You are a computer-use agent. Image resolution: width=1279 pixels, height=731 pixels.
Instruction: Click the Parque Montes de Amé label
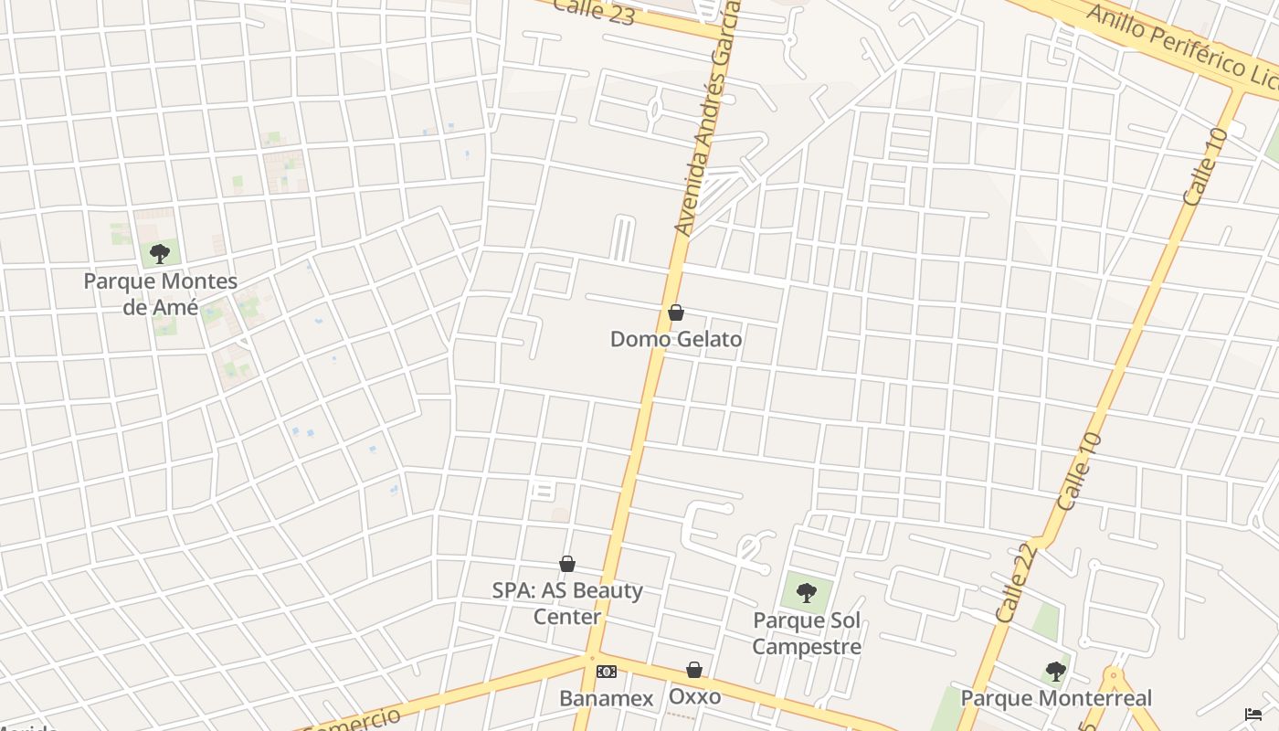pyautogui.click(x=160, y=294)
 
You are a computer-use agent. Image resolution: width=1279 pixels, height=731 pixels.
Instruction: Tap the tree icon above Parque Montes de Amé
pyautogui.click(x=160, y=253)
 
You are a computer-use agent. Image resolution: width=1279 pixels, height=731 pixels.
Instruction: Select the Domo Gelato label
pyautogui.click(x=676, y=339)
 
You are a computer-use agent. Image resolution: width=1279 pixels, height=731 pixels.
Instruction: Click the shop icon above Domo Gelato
pyautogui.click(x=676, y=313)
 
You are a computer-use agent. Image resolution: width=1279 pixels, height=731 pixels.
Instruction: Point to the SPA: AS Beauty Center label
pyautogui.click(x=567, y=603)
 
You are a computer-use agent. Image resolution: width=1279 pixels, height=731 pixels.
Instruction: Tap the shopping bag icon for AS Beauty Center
pyautogui.click(x=567, y=564)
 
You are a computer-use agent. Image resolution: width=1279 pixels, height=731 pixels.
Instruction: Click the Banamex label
pyautogui.click(x=607, y=699)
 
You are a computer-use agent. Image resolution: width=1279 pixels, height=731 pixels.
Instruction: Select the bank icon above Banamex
pyautogui.click(x=607, y=672)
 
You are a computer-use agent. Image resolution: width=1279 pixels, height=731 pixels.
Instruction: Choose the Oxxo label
pyautogui.click(x=694, y=696)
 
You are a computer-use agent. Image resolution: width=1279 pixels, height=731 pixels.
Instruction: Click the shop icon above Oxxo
pyautogui.click(x=694, y=670)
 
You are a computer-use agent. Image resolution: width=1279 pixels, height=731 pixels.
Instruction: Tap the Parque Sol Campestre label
pyautogui.click(x=807, y=634)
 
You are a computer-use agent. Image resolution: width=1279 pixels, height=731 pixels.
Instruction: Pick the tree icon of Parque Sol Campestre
pyautogui.click(x=806, y=593)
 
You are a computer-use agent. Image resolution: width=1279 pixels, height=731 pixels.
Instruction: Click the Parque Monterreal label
pyautogui.click(x=1055, y=699)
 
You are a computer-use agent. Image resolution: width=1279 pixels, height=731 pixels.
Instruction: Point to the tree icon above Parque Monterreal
pyautogui.click(x=1055, y=672)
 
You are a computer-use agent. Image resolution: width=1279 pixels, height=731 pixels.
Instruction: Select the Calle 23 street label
pyautogui.click(x=594, y=11)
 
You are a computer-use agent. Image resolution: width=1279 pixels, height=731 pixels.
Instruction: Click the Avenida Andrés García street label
pyautogui.click(x=705, y=119)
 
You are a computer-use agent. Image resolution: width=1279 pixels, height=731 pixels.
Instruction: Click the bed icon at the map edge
pyautogui.click(x=1253, y=714)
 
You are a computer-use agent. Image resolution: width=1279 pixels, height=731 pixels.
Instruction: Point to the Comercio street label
pyautogui.click(x=352, y=719)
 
